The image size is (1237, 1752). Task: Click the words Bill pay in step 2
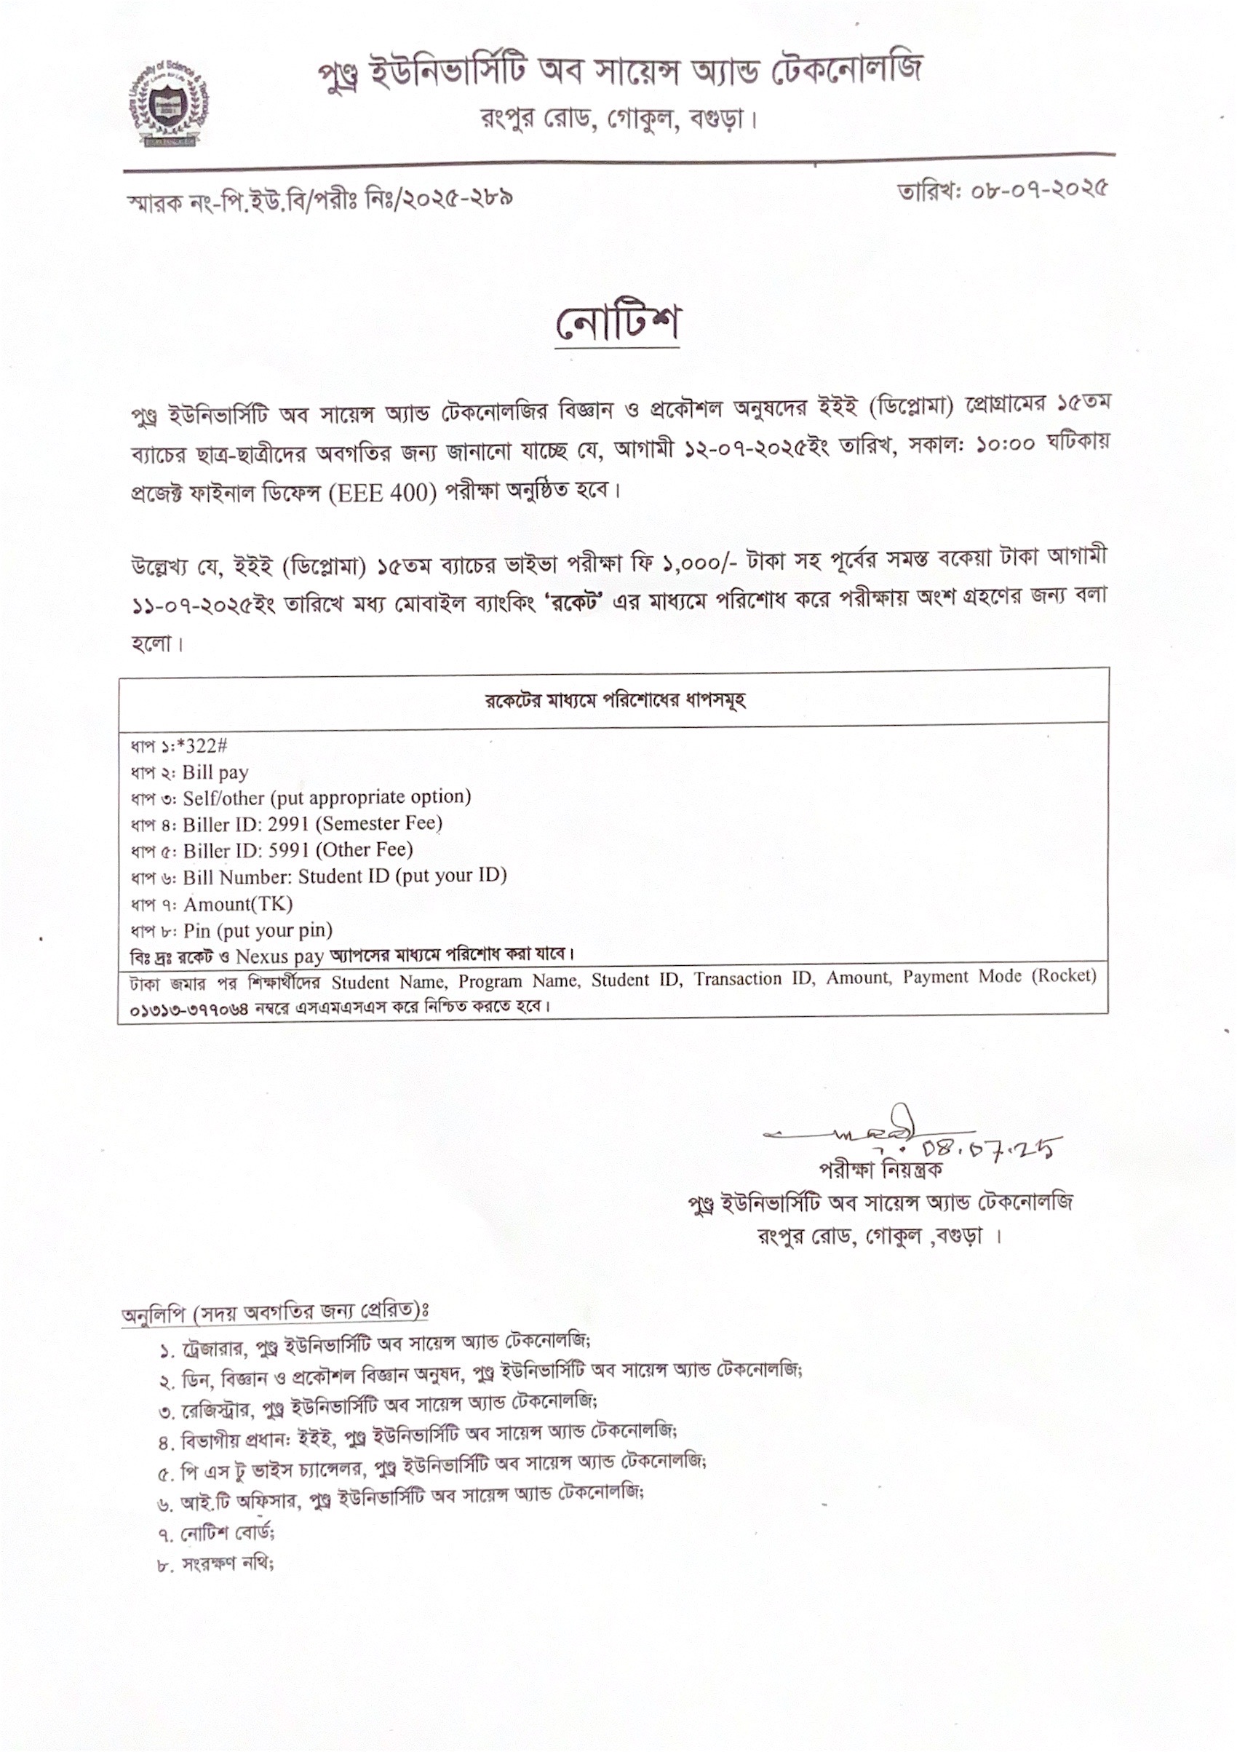click(215, 772)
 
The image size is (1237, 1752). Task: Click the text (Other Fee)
click(364, 849)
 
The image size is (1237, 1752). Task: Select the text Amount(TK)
click(237, 904)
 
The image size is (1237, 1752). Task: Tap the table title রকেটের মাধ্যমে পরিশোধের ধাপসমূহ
click(615, 699)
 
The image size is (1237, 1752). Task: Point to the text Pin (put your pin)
click(258, 930)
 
